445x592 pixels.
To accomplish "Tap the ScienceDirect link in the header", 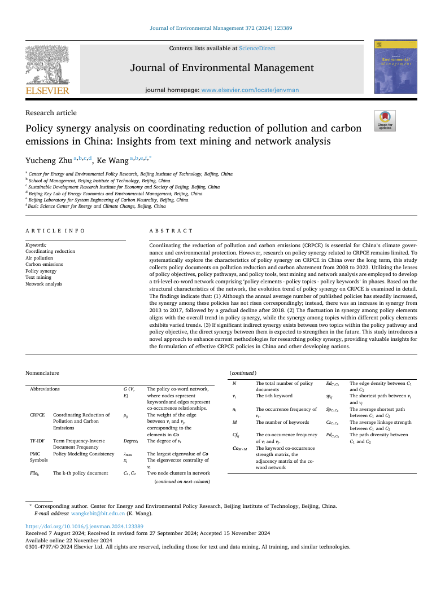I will [x=257, y=49].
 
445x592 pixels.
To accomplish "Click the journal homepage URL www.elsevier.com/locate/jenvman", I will [x=250, y=90].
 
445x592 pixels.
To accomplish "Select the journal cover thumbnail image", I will [x=391, y=67].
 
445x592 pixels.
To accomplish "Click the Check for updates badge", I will [x=385, y=120].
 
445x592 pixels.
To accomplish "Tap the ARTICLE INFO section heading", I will [x=55, y=231].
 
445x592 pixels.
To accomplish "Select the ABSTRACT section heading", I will [x=171, y=231].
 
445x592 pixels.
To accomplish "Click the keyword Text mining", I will [x=38, y=278].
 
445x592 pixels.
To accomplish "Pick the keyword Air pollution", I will [x=40, y=258].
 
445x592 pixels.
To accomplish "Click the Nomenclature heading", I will [x=42, y=372].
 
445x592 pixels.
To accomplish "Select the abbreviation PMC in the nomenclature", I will [x=35, y=453].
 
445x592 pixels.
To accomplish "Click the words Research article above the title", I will [x=51, y=113].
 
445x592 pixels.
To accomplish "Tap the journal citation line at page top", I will [x=221, y=28].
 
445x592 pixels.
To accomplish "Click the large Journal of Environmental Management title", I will [x=222, y=68].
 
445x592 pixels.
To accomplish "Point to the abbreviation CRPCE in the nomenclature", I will [x=37, y=415].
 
